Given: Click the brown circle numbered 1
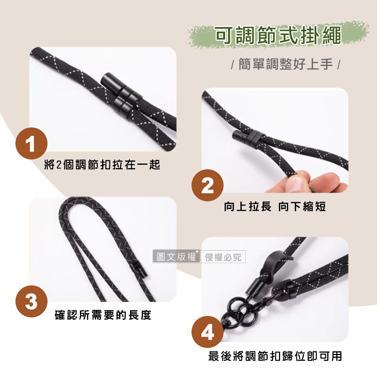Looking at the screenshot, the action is [x=32, y=143].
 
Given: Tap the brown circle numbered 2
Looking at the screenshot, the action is [x=207, y=185].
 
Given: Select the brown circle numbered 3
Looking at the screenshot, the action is [x=32, y=302].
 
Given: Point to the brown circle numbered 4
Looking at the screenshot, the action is [x=207, y=332].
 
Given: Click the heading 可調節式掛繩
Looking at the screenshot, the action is [x=278, y=35].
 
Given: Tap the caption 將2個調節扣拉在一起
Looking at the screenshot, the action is [x=102, y=165].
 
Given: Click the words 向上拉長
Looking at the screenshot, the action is [x=247, y=207].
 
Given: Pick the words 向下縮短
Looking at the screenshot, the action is [x=302, y=207].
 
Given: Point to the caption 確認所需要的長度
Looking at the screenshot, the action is [x=103, y=315].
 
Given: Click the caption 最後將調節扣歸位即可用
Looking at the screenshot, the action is [x=275, y=356].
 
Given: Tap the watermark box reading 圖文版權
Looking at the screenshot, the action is [x=176, y=256].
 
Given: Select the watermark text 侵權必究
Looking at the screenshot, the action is [x=223, y=257].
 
